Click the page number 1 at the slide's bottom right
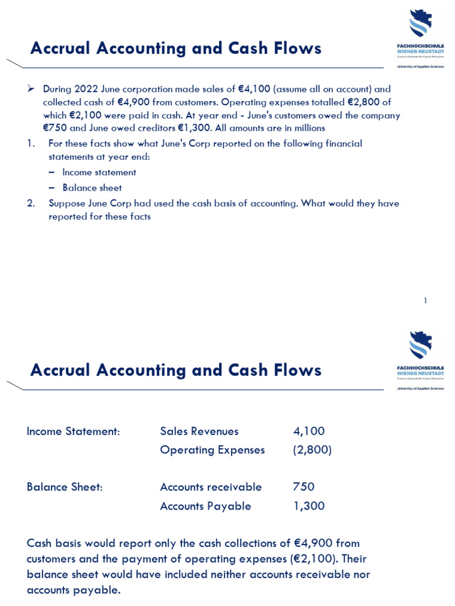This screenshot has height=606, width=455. pyautogui.click(x=425, y=301)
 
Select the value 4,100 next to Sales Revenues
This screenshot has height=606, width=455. pyautogui.click(x=309, y=431)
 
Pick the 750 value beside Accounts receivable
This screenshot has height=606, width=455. pyautogui.click(x=303, y=487)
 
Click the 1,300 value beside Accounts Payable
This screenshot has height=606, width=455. pyautogui.click(x=309, y=506)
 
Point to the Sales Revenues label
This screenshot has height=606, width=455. pyautogui.click(x=199, y=431)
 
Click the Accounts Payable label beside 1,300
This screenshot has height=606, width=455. pyautogui.click(x=205, y=506)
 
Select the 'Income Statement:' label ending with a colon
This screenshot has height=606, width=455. pyautogui.click(x=73, y=431)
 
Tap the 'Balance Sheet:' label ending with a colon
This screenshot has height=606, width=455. pyautogui.click(x=65, y=487)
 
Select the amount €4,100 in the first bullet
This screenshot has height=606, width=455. pyautogui.click(x=254, y=89)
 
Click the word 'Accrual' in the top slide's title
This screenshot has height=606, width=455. pyautogui.click(x=58, y=49)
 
